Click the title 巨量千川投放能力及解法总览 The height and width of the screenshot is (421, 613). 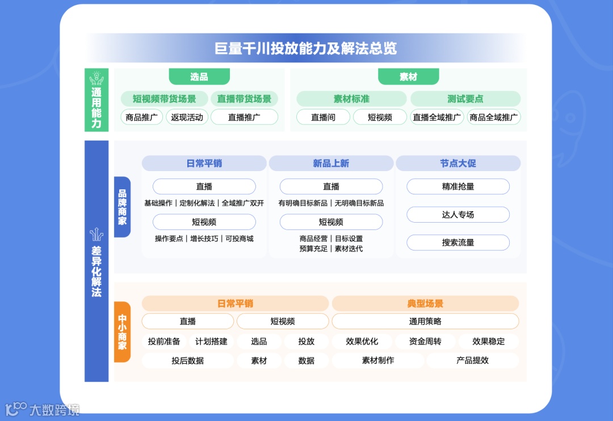pyautogui.click(x=305, y=48)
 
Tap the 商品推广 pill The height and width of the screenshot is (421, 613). pyautogui.click(x=141, y=117)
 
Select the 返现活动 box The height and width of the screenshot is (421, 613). pyautogui.click(x=187, y=117)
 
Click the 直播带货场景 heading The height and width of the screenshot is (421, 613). pyautogui.click(x=244, y=99)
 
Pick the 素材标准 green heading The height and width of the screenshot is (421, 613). pyautogui.click(x=351, y=99)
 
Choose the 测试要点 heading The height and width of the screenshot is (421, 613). pyautogui.click(x=465, y=99)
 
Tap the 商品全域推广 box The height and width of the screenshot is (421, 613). pyautogui.click(x=493, y=117)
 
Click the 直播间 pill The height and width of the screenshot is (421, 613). pyautogui.click(x=323, y=117)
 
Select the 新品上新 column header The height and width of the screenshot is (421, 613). pyautogui.click(x=331, y=163)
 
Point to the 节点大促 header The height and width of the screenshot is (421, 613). pyautogui.click(x=457, y=163)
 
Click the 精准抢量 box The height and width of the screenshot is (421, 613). pyautogui.click(x=457, y=186)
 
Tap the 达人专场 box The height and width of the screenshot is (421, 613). pyautogui.click(x=457, y=215)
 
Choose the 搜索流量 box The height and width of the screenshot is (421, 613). pyautogui.click(x=457, y=243)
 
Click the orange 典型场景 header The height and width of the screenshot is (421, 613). pyautogui.click(x=425, y=304)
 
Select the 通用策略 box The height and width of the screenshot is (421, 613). pyautogui.click(x=425, y=321)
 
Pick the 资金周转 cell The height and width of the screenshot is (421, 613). pyautogui.click(x=425, y=341)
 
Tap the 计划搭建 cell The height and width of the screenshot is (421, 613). pyautogui.click(x=211, y=341)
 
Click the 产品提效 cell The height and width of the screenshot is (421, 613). pyautogui.click(x=472, y=360)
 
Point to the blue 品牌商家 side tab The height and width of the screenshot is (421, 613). pyautogui.click(x=122, y=207)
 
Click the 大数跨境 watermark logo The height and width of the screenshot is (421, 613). pyautogui.click(x=42, y=409)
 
